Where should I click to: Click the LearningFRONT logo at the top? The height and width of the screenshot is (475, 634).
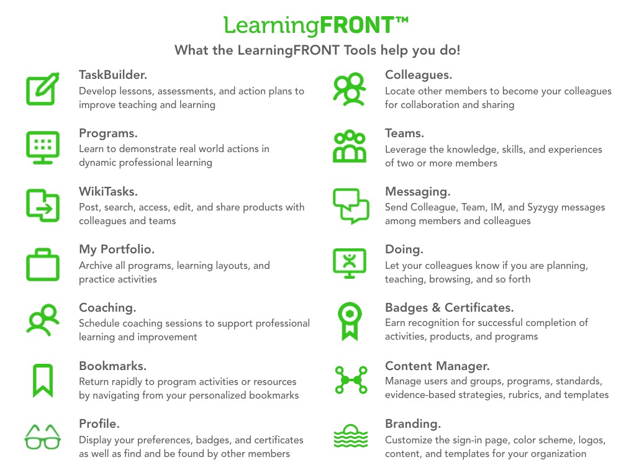pos(316,25)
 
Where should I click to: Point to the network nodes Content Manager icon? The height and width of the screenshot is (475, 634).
pos(351,380)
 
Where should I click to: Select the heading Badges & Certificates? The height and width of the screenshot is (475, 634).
pos(449,307)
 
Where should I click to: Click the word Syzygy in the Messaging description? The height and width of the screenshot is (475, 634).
pos(543,208)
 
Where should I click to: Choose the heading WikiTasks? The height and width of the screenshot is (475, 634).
pos(109,191)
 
